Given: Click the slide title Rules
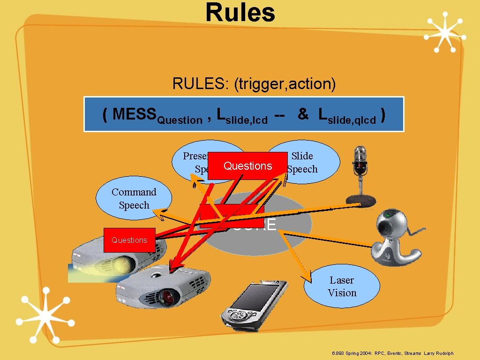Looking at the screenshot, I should [240, 13].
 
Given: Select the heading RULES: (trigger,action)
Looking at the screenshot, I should [254, 84].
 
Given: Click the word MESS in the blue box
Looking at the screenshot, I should [135, 114].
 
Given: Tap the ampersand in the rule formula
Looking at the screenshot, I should [303, 113].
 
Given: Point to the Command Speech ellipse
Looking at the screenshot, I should [134, 198].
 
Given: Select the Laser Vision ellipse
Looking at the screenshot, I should [342, 286].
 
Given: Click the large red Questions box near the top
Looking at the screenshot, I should [247, 166].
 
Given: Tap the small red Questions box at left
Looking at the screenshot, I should [129, 240].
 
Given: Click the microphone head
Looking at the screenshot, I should [360, 157].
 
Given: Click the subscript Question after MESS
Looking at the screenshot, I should [180, 120].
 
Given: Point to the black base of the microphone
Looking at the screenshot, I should [360, 200].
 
